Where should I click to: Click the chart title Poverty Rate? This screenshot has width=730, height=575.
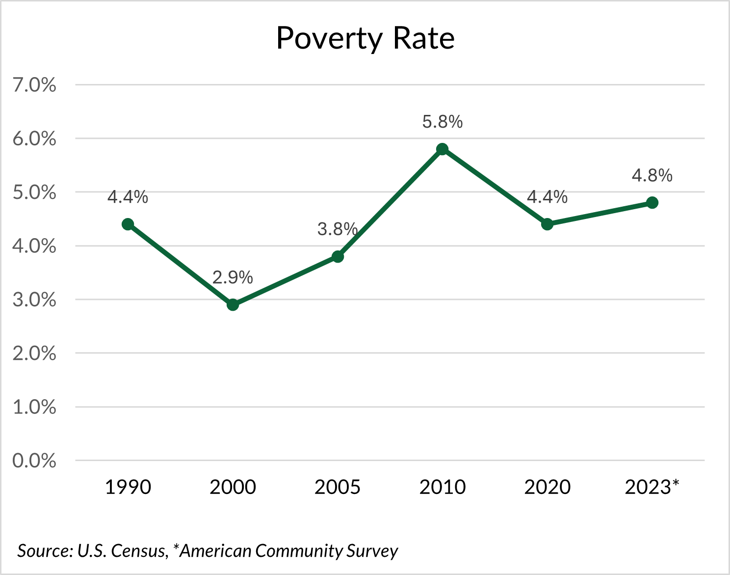point(365,38)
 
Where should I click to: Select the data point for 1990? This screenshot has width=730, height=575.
point(128,224)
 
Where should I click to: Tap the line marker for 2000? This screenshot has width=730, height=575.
point(233,305)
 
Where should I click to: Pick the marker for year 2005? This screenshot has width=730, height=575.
point(338,256)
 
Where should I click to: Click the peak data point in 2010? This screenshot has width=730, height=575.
point(442,149)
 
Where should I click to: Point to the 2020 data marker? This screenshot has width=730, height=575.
point(547,224)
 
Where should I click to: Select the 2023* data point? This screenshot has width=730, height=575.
point(652,203)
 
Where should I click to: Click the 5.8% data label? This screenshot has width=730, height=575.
point(442,122)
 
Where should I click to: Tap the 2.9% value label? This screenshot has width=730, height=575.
point(233,278)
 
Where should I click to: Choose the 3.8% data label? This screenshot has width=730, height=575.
point(337,229)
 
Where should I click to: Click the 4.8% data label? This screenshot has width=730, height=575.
point(652,175)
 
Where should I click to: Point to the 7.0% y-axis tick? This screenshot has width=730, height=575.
point(34,85)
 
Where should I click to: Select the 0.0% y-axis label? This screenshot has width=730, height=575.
point(34,461)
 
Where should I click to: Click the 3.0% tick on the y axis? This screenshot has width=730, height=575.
point(34,300)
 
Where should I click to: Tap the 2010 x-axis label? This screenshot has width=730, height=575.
point(442,487)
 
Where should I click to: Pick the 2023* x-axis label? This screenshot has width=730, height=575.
point(652,487)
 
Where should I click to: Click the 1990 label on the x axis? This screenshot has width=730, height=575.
point(128,487)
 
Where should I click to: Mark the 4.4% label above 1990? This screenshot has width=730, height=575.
point(128,197)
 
